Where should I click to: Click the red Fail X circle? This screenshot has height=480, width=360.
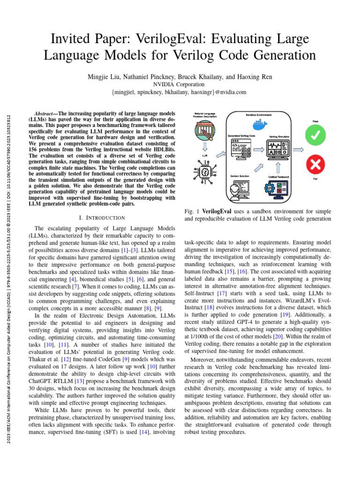pyautogui.click(x=315, y=165)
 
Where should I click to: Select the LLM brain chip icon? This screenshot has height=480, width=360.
pyautogui.click(x=205, y=173)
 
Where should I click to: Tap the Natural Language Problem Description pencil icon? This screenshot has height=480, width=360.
pyautogui.click(x=205, y=129)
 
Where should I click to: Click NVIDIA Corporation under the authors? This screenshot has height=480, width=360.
pyautogui.click(x=180, y=84)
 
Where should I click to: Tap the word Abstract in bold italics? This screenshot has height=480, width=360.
pyautogui.click(x=46, y=114)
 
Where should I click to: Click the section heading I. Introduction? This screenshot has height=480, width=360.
pyautogui.click(x=100, y=217)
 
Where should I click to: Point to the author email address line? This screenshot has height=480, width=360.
pyautogui.click(x=180, y=92)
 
